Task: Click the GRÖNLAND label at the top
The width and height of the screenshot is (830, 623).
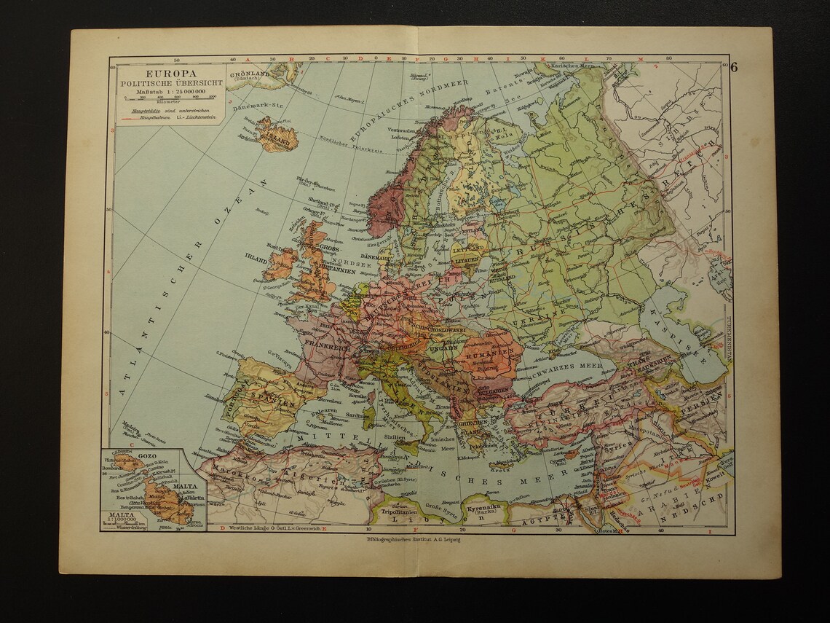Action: pyautogui.click(x=250, y=74)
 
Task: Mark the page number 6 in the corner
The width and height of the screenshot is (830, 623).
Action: pyautogui.click(x=733, y=68)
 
